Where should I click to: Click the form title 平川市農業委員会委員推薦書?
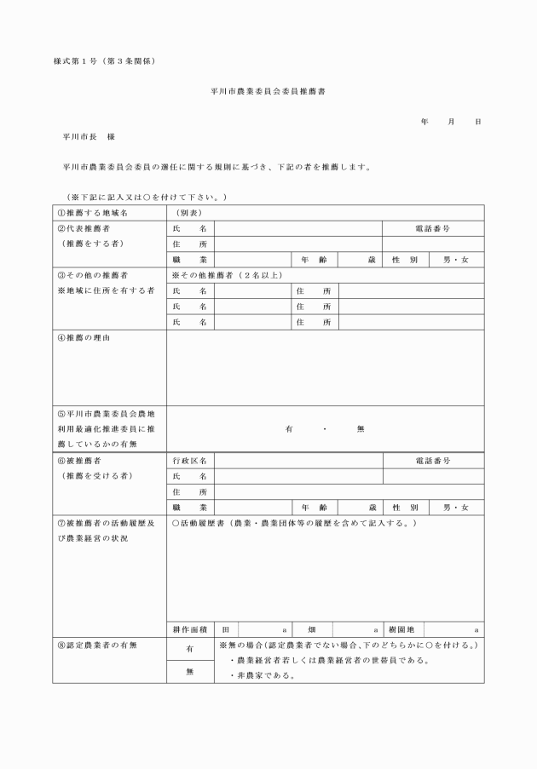(268, 89)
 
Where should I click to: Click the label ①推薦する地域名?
(92, 213)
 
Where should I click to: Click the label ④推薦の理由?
(84, 338)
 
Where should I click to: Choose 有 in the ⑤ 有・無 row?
(289, 428)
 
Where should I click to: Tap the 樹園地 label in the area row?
(401, 629)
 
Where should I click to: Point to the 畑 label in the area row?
(313, 629)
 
